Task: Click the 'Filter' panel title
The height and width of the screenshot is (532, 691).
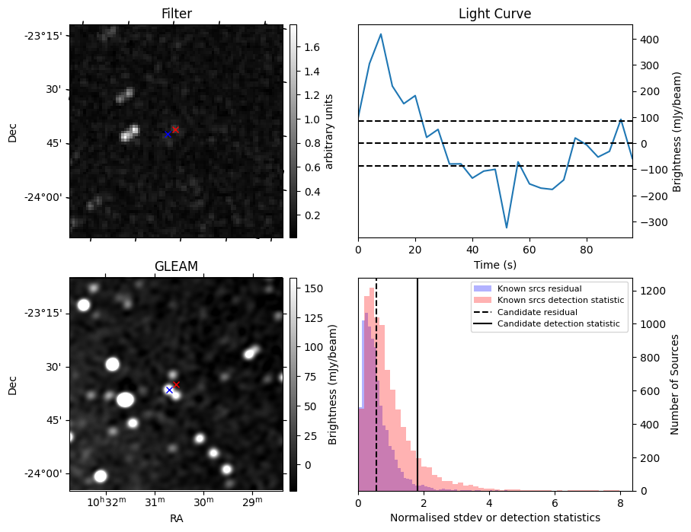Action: [176, 14]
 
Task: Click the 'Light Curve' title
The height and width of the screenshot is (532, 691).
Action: [494, 14]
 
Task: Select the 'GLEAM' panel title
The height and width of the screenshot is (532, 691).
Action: [176, 266]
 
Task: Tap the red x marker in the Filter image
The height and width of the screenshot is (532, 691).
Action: [175, 129]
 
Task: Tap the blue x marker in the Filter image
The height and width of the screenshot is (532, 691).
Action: [168, 134]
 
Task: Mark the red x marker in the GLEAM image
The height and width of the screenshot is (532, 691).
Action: [176, 384]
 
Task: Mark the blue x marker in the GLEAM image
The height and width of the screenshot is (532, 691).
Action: [169, 390]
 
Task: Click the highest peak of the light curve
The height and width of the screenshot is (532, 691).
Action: [381, 33]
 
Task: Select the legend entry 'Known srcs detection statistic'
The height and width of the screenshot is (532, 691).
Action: [560, 301]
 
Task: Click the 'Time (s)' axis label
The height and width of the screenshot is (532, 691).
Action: [494, 263]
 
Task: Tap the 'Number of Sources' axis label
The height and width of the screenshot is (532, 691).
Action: [676, 384]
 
